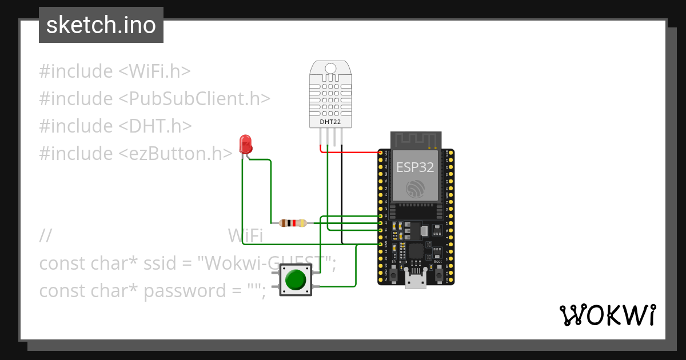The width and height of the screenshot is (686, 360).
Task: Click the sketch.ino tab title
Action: click(x=101, y=25)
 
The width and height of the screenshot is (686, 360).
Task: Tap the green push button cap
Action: click(x=296, y=280)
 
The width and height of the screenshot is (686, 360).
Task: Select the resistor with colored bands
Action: click(x=292, y=223)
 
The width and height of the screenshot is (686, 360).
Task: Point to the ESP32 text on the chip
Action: click(x=415, y=167)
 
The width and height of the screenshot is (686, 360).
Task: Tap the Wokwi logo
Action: click(x=607, y=315)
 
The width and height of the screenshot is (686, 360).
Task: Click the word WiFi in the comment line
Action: click(x=245, y=235)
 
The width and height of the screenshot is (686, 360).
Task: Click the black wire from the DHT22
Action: click(x=342, y=194)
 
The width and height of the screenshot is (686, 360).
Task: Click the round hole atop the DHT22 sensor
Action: click(x=330, y=69)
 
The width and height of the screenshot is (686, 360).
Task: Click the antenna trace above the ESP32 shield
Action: click(x=415, y=139)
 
